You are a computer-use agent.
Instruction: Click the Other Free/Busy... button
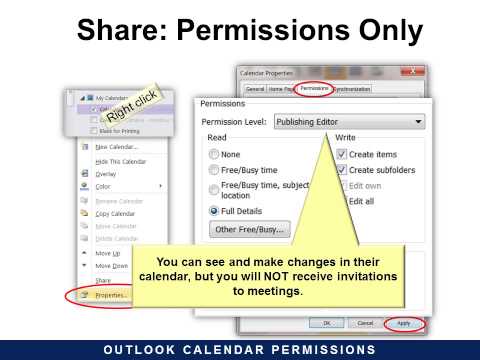tap(249, 229)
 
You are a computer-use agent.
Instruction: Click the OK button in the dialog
tap(325, 323)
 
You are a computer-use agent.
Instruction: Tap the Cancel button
tap(366, 323)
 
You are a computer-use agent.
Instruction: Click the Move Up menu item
tap(108, 253)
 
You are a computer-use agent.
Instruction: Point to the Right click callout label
tap(133, 102)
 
